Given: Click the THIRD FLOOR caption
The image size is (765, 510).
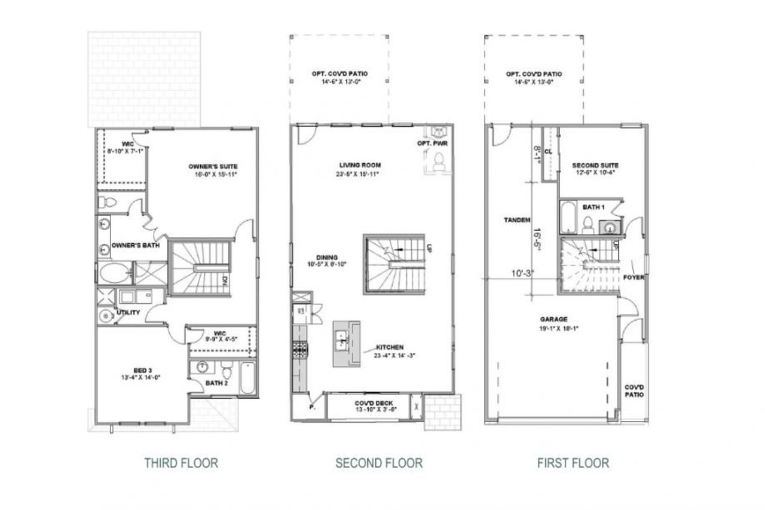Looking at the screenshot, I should [x=181, y=462].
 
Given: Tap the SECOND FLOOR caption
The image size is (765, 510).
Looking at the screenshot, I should [x=379, y=462].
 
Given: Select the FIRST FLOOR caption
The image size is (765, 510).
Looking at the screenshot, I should [x=573, y=462].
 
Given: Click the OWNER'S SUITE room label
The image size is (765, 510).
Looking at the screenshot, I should [x=213, y=166].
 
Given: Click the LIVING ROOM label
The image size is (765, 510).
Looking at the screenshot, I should [x=360, y=165].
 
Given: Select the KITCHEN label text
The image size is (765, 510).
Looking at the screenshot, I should [x=390, y=347].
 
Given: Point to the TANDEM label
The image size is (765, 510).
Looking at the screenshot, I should [x=517, y=220].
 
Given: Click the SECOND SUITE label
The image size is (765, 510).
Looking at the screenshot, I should [x=595, y=165].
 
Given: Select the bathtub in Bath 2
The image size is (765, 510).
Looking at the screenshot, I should [x=247, y=378].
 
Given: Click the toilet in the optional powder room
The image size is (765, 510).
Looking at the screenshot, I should [x=439, y=160].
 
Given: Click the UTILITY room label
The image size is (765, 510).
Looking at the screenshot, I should [x=128, y=312].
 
